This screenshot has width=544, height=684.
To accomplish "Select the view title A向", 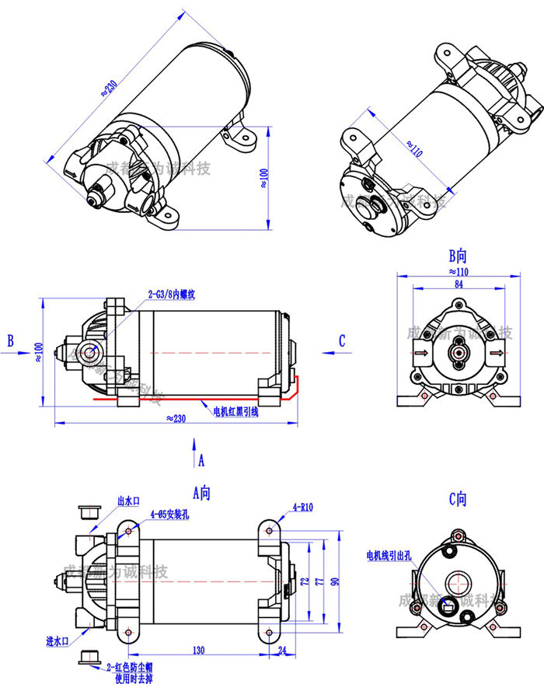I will (x=201, y=491).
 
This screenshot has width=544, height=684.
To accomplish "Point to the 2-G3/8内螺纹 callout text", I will (x=176, y=295).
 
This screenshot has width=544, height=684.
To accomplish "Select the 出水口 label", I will (x=129, y=501).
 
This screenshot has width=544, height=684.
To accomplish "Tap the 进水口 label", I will (x=58, y=641).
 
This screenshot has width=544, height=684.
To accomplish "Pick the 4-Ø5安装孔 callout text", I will (x=169, y=514).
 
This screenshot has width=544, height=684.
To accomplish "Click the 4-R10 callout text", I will (x=302, y=508).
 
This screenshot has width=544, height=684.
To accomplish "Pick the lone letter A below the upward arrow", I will (x=201, y=460).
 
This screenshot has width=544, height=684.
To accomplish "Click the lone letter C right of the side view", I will (x=342, y=340).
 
